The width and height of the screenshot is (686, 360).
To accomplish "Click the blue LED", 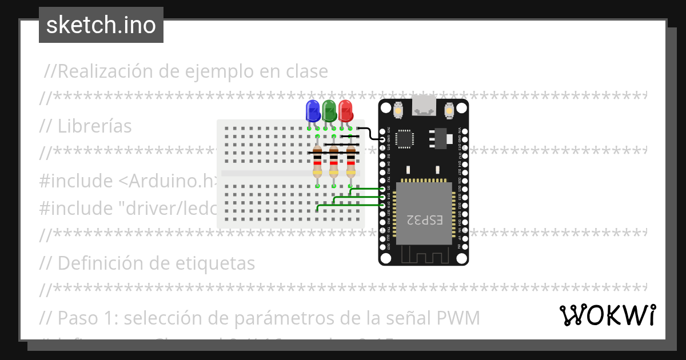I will (x=313, y=110).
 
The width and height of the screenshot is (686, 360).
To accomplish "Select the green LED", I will (x=329, y=110).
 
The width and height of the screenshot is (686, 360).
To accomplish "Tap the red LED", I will (x=345, y=110).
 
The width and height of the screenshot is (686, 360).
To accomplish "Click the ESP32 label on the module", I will (x=424, y=219).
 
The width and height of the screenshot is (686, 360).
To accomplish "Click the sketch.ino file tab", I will (x=101, y=25).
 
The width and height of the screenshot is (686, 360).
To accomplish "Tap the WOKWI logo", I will (x=607, y=315).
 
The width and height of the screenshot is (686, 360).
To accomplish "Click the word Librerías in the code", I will (x=95, y=126).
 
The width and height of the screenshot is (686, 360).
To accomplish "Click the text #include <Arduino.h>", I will (x=129, y=181).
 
